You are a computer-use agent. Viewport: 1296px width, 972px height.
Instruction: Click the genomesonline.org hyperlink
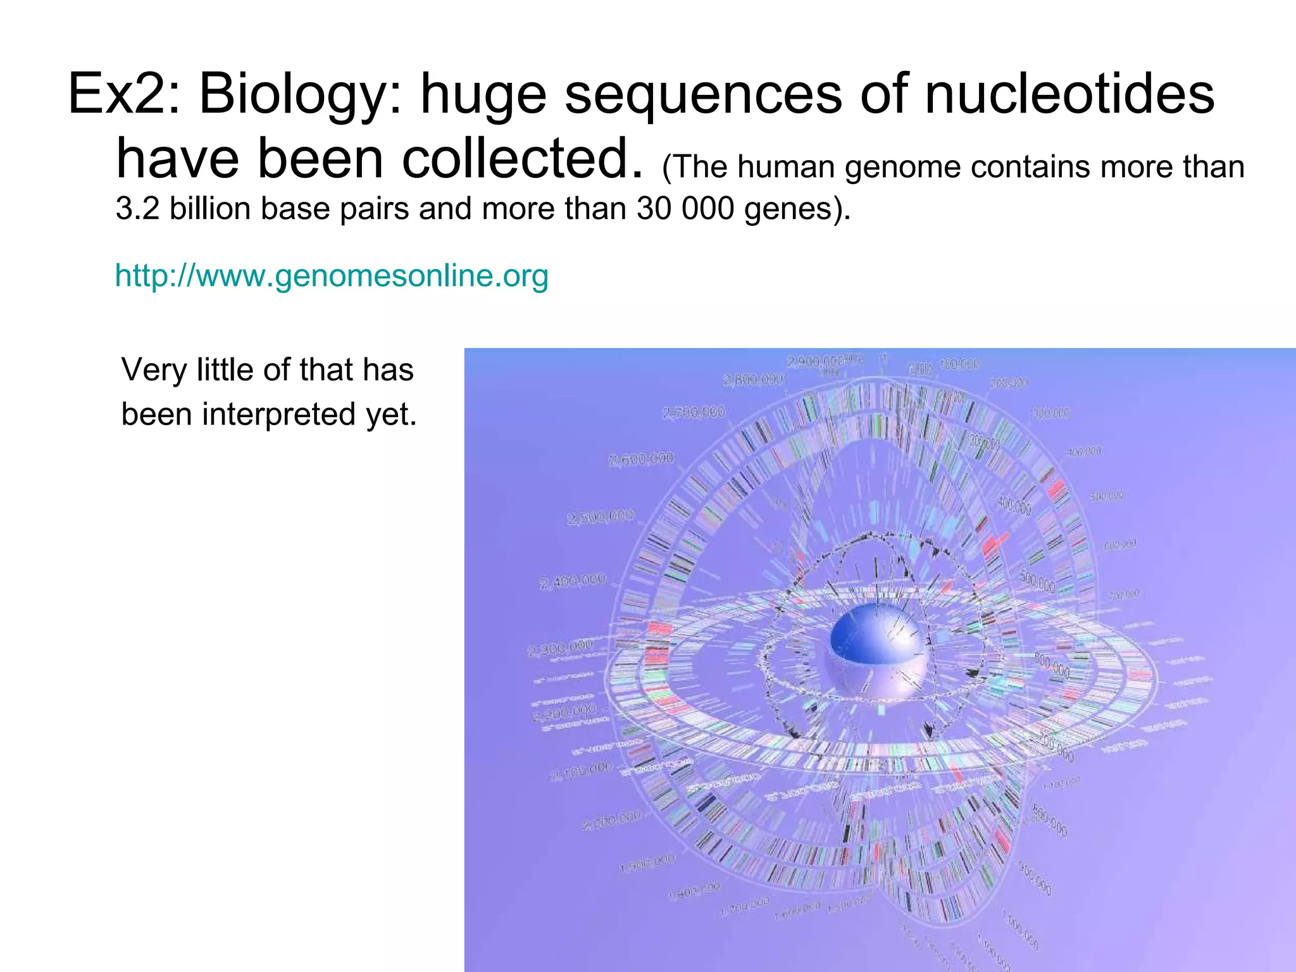(332, 276)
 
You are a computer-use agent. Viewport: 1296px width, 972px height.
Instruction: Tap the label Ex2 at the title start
(124, 94)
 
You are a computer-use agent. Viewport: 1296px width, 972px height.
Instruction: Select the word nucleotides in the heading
(1069, 94)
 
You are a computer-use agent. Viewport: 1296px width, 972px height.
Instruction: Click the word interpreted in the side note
(278, 414)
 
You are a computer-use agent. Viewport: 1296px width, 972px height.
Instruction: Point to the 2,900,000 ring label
(817, 361)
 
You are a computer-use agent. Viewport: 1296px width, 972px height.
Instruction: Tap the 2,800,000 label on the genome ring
(753, 380)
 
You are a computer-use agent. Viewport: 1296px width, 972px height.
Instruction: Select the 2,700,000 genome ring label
(694, 413)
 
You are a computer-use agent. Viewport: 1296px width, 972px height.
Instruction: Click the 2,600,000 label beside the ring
(641, 459)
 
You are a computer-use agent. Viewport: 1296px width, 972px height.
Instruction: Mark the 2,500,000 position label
(600, 517)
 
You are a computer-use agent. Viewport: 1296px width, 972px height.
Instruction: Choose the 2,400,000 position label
(573, 581)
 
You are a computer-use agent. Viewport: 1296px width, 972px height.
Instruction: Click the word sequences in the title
(703, 94)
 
